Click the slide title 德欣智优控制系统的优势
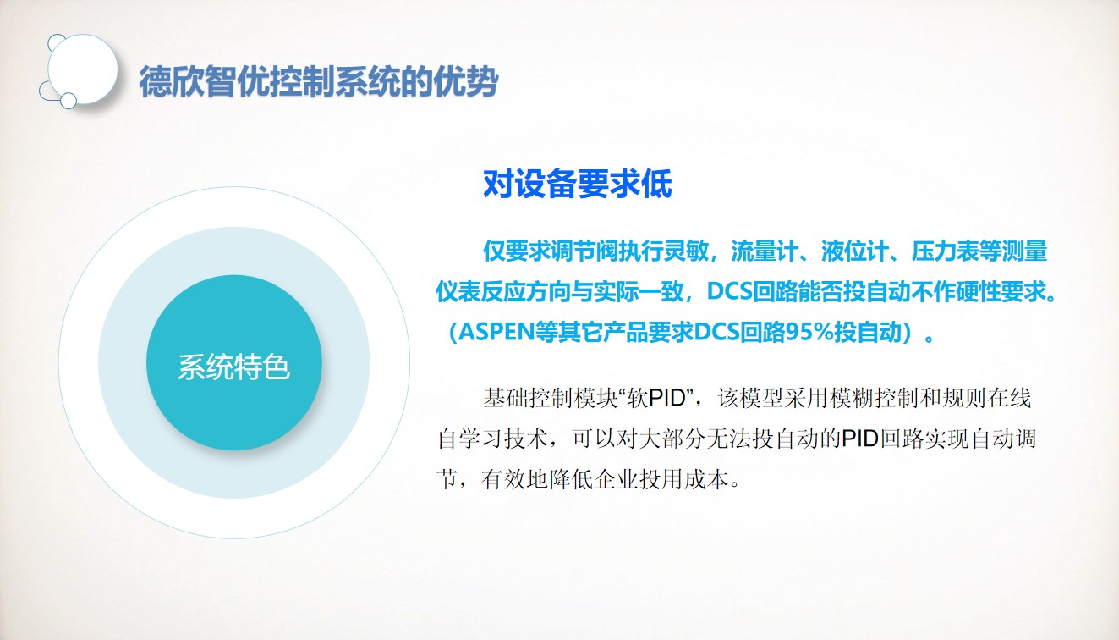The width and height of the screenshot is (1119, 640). pos(319,81)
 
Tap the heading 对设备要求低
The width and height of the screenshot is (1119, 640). pos(578,184)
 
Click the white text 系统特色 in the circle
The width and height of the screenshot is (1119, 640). pos(233,367)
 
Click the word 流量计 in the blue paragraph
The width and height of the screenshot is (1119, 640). pos(765,251)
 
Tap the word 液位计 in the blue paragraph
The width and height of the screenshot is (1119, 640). pos(855,251)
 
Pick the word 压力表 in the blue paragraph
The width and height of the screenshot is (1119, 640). pos(945,251)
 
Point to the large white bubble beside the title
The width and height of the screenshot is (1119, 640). pos(82,69)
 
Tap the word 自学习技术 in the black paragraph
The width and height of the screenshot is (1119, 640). pos(493,439)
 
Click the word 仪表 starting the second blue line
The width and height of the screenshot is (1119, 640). pos(458,291)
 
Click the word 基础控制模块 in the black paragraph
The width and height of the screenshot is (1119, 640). pos(551,399)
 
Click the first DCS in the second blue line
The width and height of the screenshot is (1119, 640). pos(730,291)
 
